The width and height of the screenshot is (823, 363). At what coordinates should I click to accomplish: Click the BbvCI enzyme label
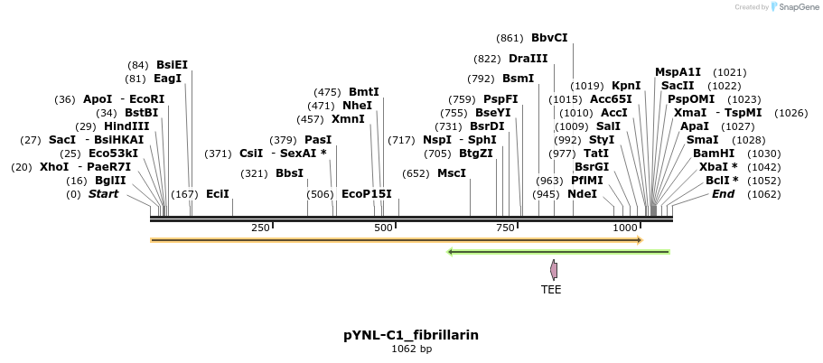549,38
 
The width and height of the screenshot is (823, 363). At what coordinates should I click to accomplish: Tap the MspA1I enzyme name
678,72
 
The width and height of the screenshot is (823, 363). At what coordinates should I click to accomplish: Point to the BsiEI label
172,65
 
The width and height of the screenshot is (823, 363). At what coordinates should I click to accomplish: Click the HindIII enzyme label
126,126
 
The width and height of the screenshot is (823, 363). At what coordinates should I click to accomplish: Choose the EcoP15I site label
367,194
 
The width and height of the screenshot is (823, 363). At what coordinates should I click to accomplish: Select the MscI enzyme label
452,173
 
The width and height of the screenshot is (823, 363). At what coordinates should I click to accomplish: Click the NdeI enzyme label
583,194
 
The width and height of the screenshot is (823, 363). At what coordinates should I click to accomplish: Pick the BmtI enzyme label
364,92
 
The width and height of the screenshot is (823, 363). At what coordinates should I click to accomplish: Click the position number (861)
510,38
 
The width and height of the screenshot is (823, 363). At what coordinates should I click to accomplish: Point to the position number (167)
184,194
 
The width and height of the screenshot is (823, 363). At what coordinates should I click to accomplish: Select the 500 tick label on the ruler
384,228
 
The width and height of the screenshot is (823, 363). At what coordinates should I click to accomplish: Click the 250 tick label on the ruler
260,228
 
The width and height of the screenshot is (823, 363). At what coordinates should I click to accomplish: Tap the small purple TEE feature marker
554,269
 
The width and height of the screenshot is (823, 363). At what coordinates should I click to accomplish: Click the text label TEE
551,290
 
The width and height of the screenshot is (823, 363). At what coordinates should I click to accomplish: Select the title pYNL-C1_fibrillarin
411,335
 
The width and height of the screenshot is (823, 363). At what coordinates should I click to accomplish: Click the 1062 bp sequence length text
411,349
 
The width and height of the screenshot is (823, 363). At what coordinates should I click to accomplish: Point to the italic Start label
103,194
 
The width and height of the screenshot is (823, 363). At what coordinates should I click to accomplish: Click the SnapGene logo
792,7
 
